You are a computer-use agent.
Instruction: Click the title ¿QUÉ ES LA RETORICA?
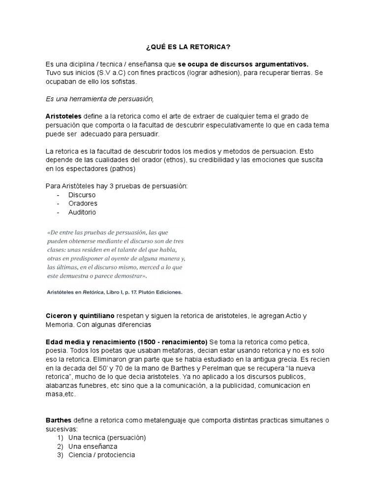(188, 47)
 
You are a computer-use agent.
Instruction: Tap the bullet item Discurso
(82, 194)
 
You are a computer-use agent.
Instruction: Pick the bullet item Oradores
(83, 203)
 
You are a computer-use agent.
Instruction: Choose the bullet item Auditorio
(82, 212)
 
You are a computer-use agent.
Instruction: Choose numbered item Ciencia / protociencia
(101, 455)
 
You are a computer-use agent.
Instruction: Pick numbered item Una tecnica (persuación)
(107, 437)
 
